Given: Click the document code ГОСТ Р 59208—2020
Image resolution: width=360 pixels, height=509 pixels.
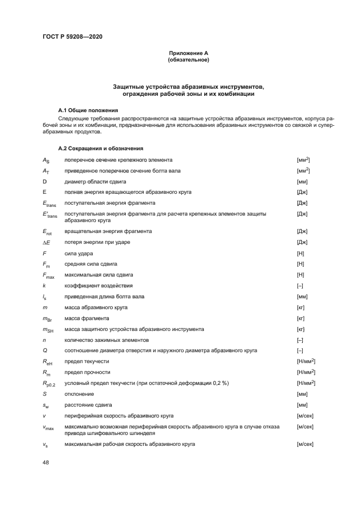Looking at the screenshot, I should click(x=72, y=36).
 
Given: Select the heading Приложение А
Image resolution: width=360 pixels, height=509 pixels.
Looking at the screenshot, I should click(x=188, y=53).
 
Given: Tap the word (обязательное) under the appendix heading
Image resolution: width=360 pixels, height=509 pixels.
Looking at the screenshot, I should click(x=188, y=59).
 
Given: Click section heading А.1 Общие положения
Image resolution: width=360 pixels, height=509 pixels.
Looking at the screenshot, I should click(x=88, y=110).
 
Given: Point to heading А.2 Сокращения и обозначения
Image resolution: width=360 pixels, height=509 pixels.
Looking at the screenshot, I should click(x=101, y=148).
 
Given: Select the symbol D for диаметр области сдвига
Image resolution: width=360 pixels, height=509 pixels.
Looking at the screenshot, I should click(x=45, y=181).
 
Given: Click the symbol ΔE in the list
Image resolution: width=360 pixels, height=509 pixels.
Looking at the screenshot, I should click(x=47, y=242).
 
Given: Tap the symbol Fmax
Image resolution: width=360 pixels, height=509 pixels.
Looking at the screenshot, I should click(x=48, y=275).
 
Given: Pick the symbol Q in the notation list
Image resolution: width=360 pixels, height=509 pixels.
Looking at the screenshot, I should click(x=45, y=351).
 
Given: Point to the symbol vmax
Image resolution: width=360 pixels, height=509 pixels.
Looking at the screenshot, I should click(x=48, y=428).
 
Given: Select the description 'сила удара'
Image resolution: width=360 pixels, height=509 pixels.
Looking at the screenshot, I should click(x=78, y=253).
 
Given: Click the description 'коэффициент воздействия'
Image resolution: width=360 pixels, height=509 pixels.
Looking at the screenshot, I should click(x=99, y=285).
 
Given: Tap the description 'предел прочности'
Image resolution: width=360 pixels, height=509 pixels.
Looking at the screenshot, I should click(x=87, y=372).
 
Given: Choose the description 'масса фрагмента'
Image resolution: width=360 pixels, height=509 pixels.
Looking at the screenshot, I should click(x=87, y=318).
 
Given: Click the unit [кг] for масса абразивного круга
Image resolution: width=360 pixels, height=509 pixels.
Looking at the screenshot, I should click(x=301, y=307).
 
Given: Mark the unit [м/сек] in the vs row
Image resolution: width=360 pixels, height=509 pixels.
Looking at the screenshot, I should click(x=304, y=444).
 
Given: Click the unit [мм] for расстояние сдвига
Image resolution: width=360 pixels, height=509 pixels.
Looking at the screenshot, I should click(x=302, y=404).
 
